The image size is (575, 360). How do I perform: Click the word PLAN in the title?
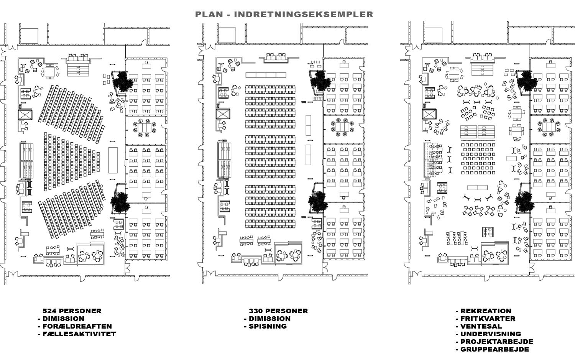pyautogui.click(x=209, y=15)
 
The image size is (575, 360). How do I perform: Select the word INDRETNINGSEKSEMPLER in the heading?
pyautogui.click(x=303, y=15)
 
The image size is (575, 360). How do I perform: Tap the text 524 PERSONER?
pyautogui.click(x=72, y=311)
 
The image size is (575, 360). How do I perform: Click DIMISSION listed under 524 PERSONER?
pyautogui.click(x=63, y=319)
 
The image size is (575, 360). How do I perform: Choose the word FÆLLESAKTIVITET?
pyautogui.click(x=79, y=334)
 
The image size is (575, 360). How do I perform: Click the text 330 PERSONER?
pyautogui.click(x=278, y=311)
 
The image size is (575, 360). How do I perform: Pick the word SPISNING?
pyautogui.click(x=268, y=326)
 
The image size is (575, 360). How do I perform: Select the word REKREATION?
pyautogui.click(x=486, y=311)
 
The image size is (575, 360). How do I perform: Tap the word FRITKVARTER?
pyautogui.click(x=488, y=319)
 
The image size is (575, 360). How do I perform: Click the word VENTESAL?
pyautogui.click(x=481, y=326)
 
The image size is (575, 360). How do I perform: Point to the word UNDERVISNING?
pyautogui.click(x=491, y=334)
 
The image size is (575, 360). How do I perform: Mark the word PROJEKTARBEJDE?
pyautogui.click(x=496, y=342)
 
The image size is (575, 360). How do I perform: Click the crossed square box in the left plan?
pyautogui.click(x=25, y=115)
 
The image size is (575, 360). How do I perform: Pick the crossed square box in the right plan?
pyautogui.click(x=429, y=114)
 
